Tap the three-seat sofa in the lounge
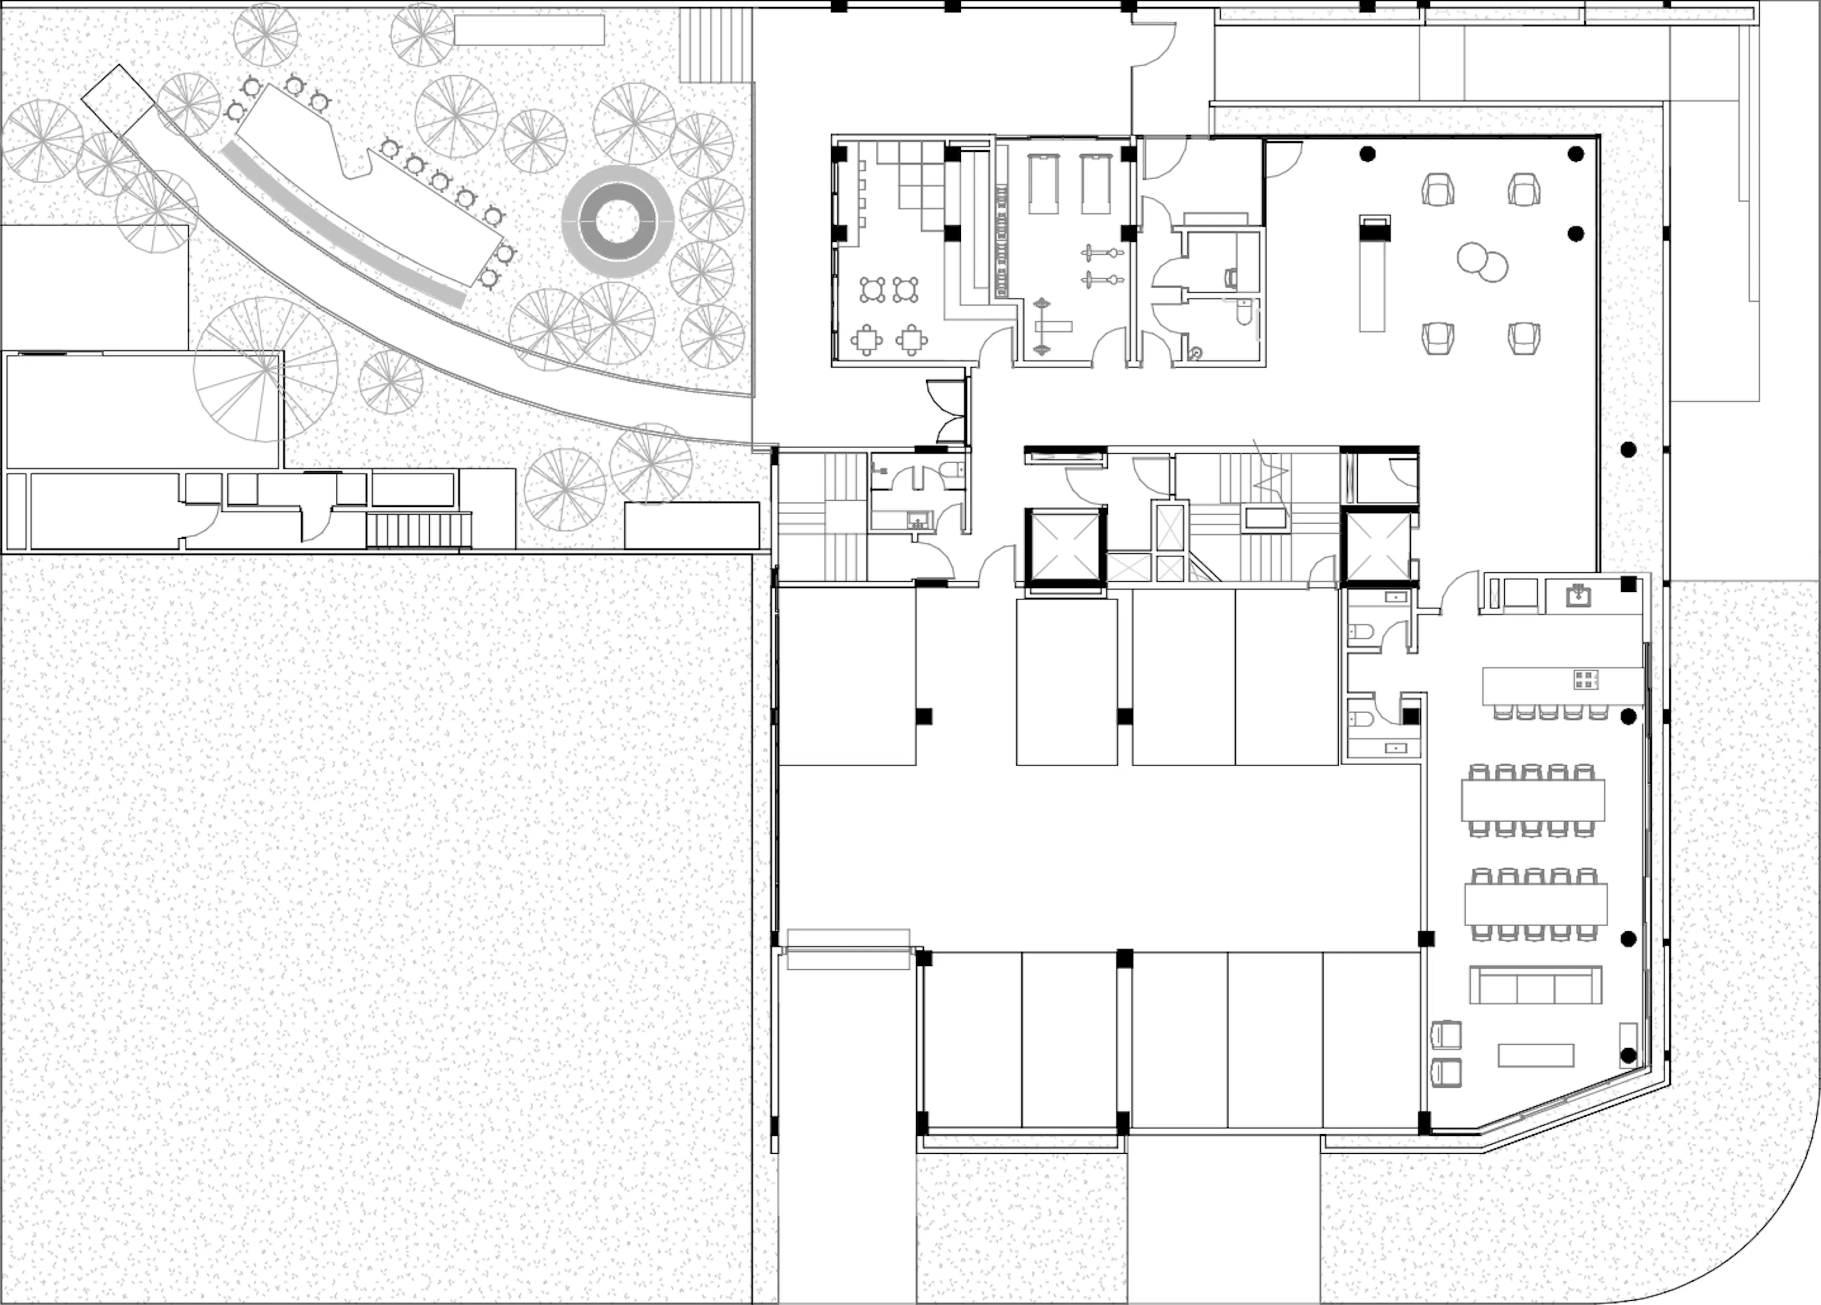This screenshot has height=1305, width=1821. (x=1535, y=984)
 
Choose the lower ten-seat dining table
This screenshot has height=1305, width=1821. (x=1535, y=903)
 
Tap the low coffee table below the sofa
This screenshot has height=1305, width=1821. (x=1535, y=1055)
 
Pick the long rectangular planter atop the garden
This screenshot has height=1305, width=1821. (x=528, y=30)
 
